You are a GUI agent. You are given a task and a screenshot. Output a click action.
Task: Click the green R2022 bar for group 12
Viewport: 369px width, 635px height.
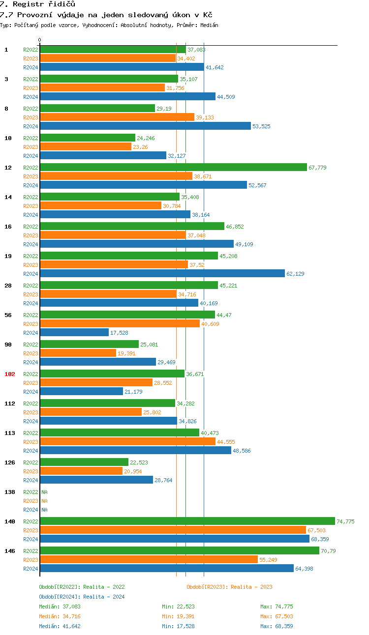tap(173, 167)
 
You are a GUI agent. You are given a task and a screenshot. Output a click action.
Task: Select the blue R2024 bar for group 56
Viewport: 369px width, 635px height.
tap(74, 332)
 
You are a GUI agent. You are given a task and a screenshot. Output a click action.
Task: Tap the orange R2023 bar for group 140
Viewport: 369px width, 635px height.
tap(173, 530)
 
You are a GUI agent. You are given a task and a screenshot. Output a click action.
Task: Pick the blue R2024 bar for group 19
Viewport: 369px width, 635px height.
tap(162, 273)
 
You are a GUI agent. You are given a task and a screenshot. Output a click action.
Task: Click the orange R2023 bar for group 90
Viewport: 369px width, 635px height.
tap(78, 353)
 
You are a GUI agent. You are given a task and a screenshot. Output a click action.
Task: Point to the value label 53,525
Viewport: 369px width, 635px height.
tap(261, 126)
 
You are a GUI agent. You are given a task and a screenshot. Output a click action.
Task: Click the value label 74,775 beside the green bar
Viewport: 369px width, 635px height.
tap(345, 521)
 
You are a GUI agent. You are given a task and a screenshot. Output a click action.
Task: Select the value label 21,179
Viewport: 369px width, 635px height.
tap(133, 392)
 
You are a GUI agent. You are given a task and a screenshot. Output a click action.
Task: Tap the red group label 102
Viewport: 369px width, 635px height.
tap(10, 374)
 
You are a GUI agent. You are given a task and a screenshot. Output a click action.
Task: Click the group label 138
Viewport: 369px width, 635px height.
tap(10, 492)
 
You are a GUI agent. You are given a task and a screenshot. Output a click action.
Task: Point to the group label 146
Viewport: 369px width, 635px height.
tap(10, 551)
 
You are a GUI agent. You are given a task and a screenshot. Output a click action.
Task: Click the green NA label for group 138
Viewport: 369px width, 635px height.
tap(44, 492)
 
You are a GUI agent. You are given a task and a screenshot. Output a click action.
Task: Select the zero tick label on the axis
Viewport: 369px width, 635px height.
tap(40, 40)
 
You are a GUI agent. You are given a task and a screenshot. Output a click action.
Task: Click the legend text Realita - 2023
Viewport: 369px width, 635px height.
tap(251, 587)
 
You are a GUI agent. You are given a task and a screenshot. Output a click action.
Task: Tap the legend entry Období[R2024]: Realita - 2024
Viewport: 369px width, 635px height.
tap(82, 597)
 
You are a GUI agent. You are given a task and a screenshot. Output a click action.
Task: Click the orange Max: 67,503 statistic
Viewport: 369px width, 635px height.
tap(277, 616)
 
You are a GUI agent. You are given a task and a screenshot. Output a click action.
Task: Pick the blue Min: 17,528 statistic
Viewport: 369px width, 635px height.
tap(178, 626)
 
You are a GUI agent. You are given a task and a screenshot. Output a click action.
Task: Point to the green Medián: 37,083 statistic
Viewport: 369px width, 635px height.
tap(60, 606)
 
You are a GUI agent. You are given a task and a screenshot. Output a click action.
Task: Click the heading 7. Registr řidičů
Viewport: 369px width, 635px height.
tap(37, 4)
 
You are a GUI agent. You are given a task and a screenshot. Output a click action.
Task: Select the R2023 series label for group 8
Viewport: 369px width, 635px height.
tap(31, 117)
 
